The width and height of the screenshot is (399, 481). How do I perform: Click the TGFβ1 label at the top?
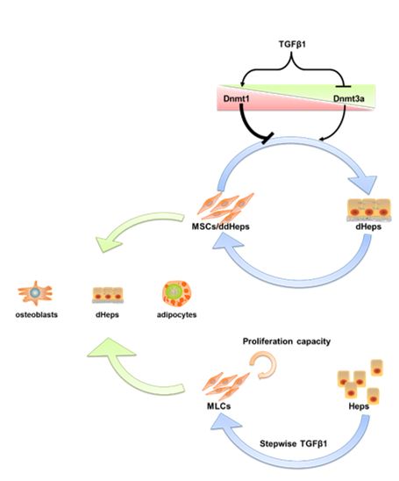292,45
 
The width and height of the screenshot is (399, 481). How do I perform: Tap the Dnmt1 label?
236,99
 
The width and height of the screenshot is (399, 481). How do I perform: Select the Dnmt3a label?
349,99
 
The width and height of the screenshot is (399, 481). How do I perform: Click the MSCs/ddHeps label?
220,226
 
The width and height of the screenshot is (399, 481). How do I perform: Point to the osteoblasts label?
37,315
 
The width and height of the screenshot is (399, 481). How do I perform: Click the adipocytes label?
177,315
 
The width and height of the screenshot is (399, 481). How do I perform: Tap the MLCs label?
219,406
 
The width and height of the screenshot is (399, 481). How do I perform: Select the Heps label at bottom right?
359,406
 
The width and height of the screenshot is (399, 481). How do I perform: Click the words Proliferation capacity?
287,341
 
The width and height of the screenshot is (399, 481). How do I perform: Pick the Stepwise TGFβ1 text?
294,443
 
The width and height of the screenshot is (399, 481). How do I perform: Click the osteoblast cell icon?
36,293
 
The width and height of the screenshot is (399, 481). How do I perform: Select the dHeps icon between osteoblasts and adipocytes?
108,295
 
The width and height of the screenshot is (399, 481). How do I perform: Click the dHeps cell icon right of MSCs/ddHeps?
369,210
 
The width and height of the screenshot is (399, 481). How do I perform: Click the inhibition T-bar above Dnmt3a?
343,87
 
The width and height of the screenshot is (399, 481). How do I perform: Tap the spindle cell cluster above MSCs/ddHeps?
225,206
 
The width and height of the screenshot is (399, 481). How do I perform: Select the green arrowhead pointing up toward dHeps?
111,348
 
